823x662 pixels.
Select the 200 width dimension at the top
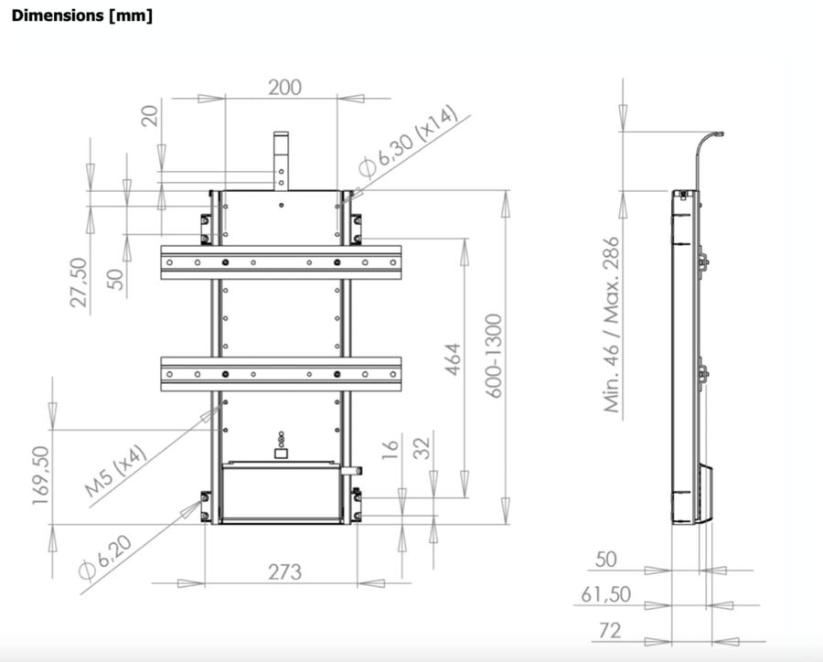coord(284,88)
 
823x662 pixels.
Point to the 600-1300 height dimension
coord(495,356)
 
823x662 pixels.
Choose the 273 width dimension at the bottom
coord(284,572)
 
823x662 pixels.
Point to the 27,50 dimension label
coord(80,282)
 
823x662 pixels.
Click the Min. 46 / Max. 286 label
coord(612,325)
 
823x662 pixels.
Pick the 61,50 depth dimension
coord(605,595)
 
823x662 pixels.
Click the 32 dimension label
coord(422,450)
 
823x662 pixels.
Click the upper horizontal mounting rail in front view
coord(281,262)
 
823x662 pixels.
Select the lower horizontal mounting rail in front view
coord(281,374)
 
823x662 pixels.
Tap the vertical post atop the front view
coord(282,159)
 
